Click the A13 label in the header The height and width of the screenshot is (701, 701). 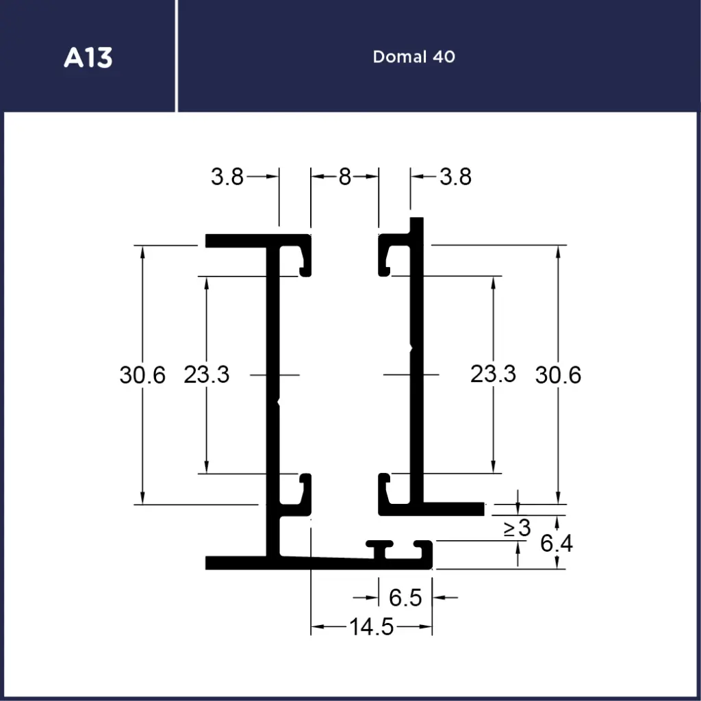pyautogui.click(x=88, y=58)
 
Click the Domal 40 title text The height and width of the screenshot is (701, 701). pyautogui.click(x=413, y=57)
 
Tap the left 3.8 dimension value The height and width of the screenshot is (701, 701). pyautogui.click(x=227, y=177)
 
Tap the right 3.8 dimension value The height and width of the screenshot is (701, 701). pyautogui.click(x=455, y=177)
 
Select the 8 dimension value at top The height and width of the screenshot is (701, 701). pyautogui.click(x=344, y=177)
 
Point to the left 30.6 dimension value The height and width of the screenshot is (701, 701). pyautogui.click(x=142, y=375)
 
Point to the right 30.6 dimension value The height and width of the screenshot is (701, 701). pyautogui.click(x=558, y=375)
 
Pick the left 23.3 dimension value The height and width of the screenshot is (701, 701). pyautogui.click(x=206, y=374)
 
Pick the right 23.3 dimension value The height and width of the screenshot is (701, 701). pyautogui.click(x=493, y=374)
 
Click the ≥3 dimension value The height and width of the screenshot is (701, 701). pyautogui.click(x=518, y=528)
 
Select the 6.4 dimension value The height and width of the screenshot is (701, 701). pyautogui.click(x=556, y=544)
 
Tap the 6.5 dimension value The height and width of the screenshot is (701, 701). pyautogui.click(x=405, y=598)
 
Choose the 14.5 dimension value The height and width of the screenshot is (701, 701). pyautogui.click(x=372, y=626)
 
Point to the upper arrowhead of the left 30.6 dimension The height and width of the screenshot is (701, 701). pyautogui.click(x=142, y=251)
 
